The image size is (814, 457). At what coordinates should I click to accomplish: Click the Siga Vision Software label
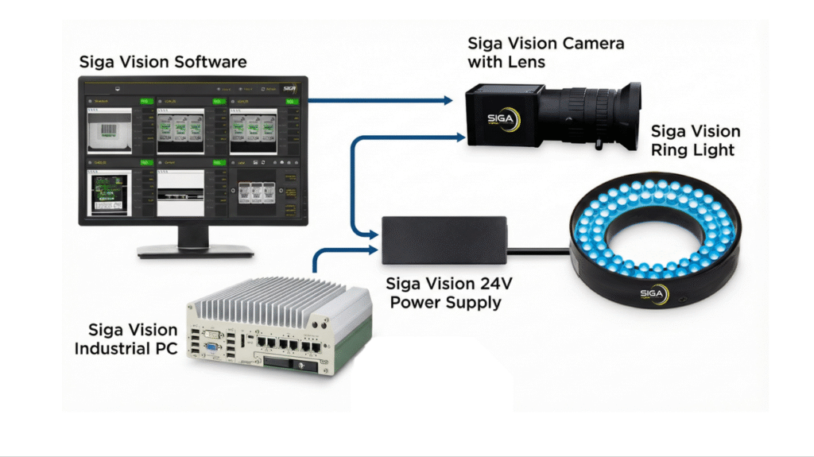pyautogui.click(x=162, y=61)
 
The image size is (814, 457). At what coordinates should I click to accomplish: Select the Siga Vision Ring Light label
pyautogui.click(x=695, y=141)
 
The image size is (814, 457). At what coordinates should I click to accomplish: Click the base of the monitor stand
pyautogui.click(x=196, y=249)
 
